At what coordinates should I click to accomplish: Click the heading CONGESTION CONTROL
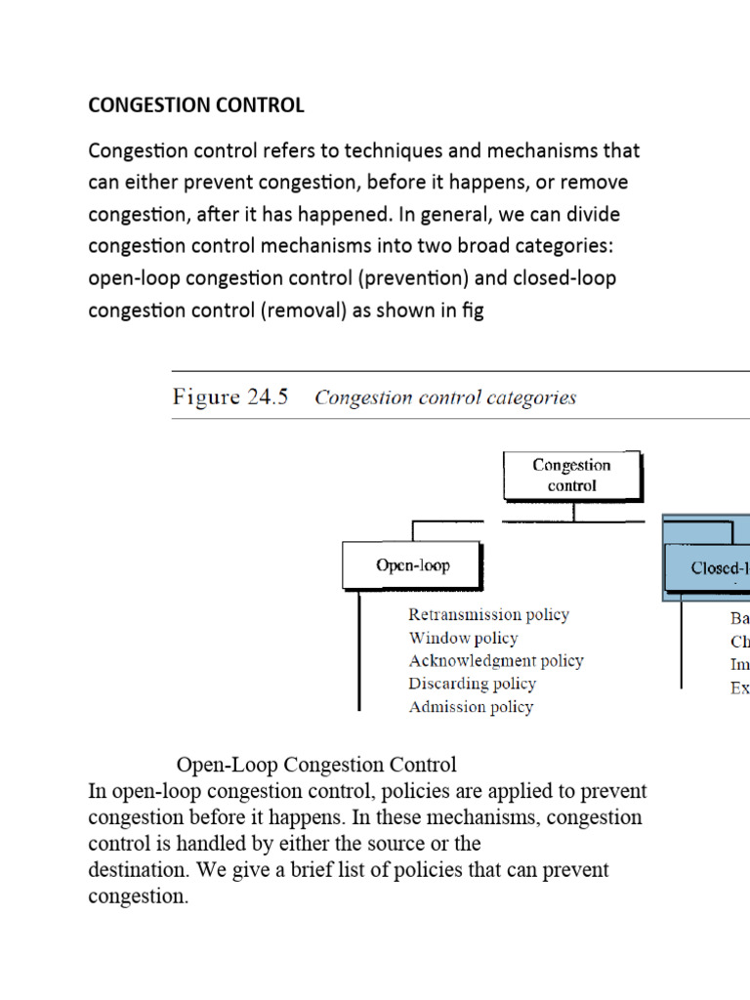click(196, 105)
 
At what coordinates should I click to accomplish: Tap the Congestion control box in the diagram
click(572, 476)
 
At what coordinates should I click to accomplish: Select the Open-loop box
click(413, 566)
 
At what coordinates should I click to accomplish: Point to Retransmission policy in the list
click(488, 615)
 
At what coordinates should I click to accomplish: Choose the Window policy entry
click(463, 638)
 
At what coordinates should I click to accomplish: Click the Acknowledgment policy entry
click(496, 661)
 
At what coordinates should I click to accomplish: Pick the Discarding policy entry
click(473, 684)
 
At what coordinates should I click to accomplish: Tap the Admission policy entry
click(472, 707)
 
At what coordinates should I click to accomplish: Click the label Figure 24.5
click(230, 397)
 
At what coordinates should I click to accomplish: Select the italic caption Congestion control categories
click(445, 397)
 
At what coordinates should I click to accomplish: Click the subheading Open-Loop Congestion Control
click(316, 764)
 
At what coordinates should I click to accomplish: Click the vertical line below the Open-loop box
click(361, 649)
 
